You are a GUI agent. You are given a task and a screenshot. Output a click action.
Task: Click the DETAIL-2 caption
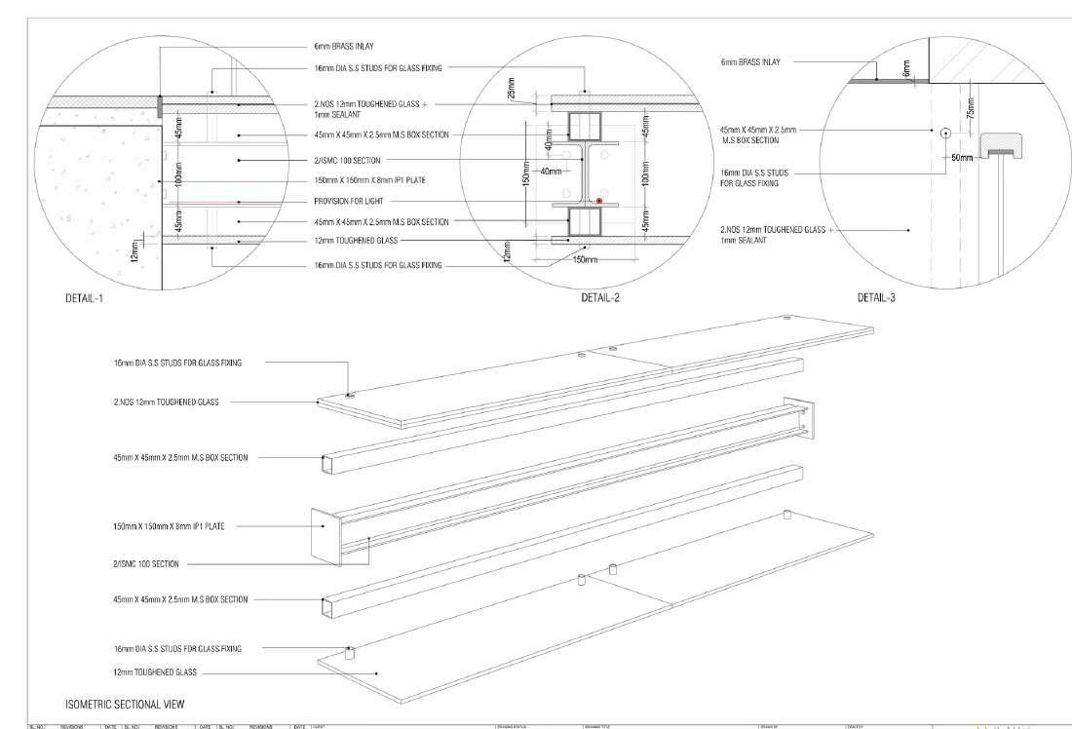[x=600, y=297]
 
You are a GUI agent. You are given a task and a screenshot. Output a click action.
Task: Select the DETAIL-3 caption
[x=876, y=297]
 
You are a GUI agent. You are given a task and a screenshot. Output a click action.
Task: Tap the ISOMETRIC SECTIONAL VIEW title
[x=125, y=703]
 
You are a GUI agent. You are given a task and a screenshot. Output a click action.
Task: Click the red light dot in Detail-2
[x=600, y=201]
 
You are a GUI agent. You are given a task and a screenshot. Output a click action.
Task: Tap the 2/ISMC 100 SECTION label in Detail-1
[x=348, y=160]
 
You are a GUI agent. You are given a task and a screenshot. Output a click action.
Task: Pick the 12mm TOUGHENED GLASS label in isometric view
[x=155, y=672]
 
